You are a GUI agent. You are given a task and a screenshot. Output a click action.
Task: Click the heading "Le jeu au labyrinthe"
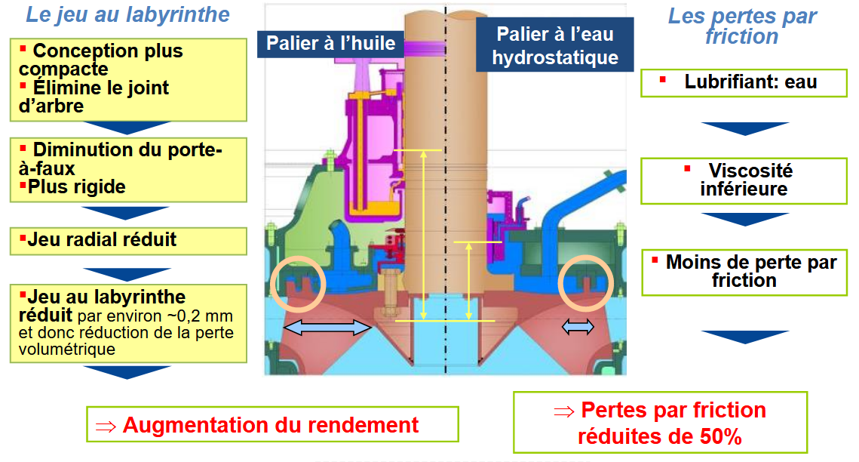tap(127, 14)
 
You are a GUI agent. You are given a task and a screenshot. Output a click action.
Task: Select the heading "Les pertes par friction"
tap(742, 26)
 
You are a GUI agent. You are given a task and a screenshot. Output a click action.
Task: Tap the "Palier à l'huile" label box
tap(331, 43)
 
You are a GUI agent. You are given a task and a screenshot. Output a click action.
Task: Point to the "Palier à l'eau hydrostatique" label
tap(554, 46)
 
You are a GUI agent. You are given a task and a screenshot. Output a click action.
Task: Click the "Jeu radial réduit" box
tap(128, 240)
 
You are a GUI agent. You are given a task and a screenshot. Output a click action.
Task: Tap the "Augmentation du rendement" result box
tap(272, 424)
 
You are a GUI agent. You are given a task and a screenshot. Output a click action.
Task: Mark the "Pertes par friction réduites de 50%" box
tap(660, 423)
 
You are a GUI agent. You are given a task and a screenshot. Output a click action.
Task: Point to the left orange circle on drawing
tap(296, 283)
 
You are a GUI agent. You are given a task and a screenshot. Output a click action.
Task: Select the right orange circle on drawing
tap(583, 283)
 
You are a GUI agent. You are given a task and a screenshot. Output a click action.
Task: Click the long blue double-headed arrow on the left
tap(327, 326)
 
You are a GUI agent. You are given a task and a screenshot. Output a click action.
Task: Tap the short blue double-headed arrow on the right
tap(578, 326)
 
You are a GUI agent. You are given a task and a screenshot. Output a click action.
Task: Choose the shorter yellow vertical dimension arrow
tap(469, 280)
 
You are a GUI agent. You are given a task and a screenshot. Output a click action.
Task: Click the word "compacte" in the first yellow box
tap(63, 69)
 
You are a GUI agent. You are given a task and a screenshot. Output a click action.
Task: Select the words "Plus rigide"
tap(76, 186)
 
